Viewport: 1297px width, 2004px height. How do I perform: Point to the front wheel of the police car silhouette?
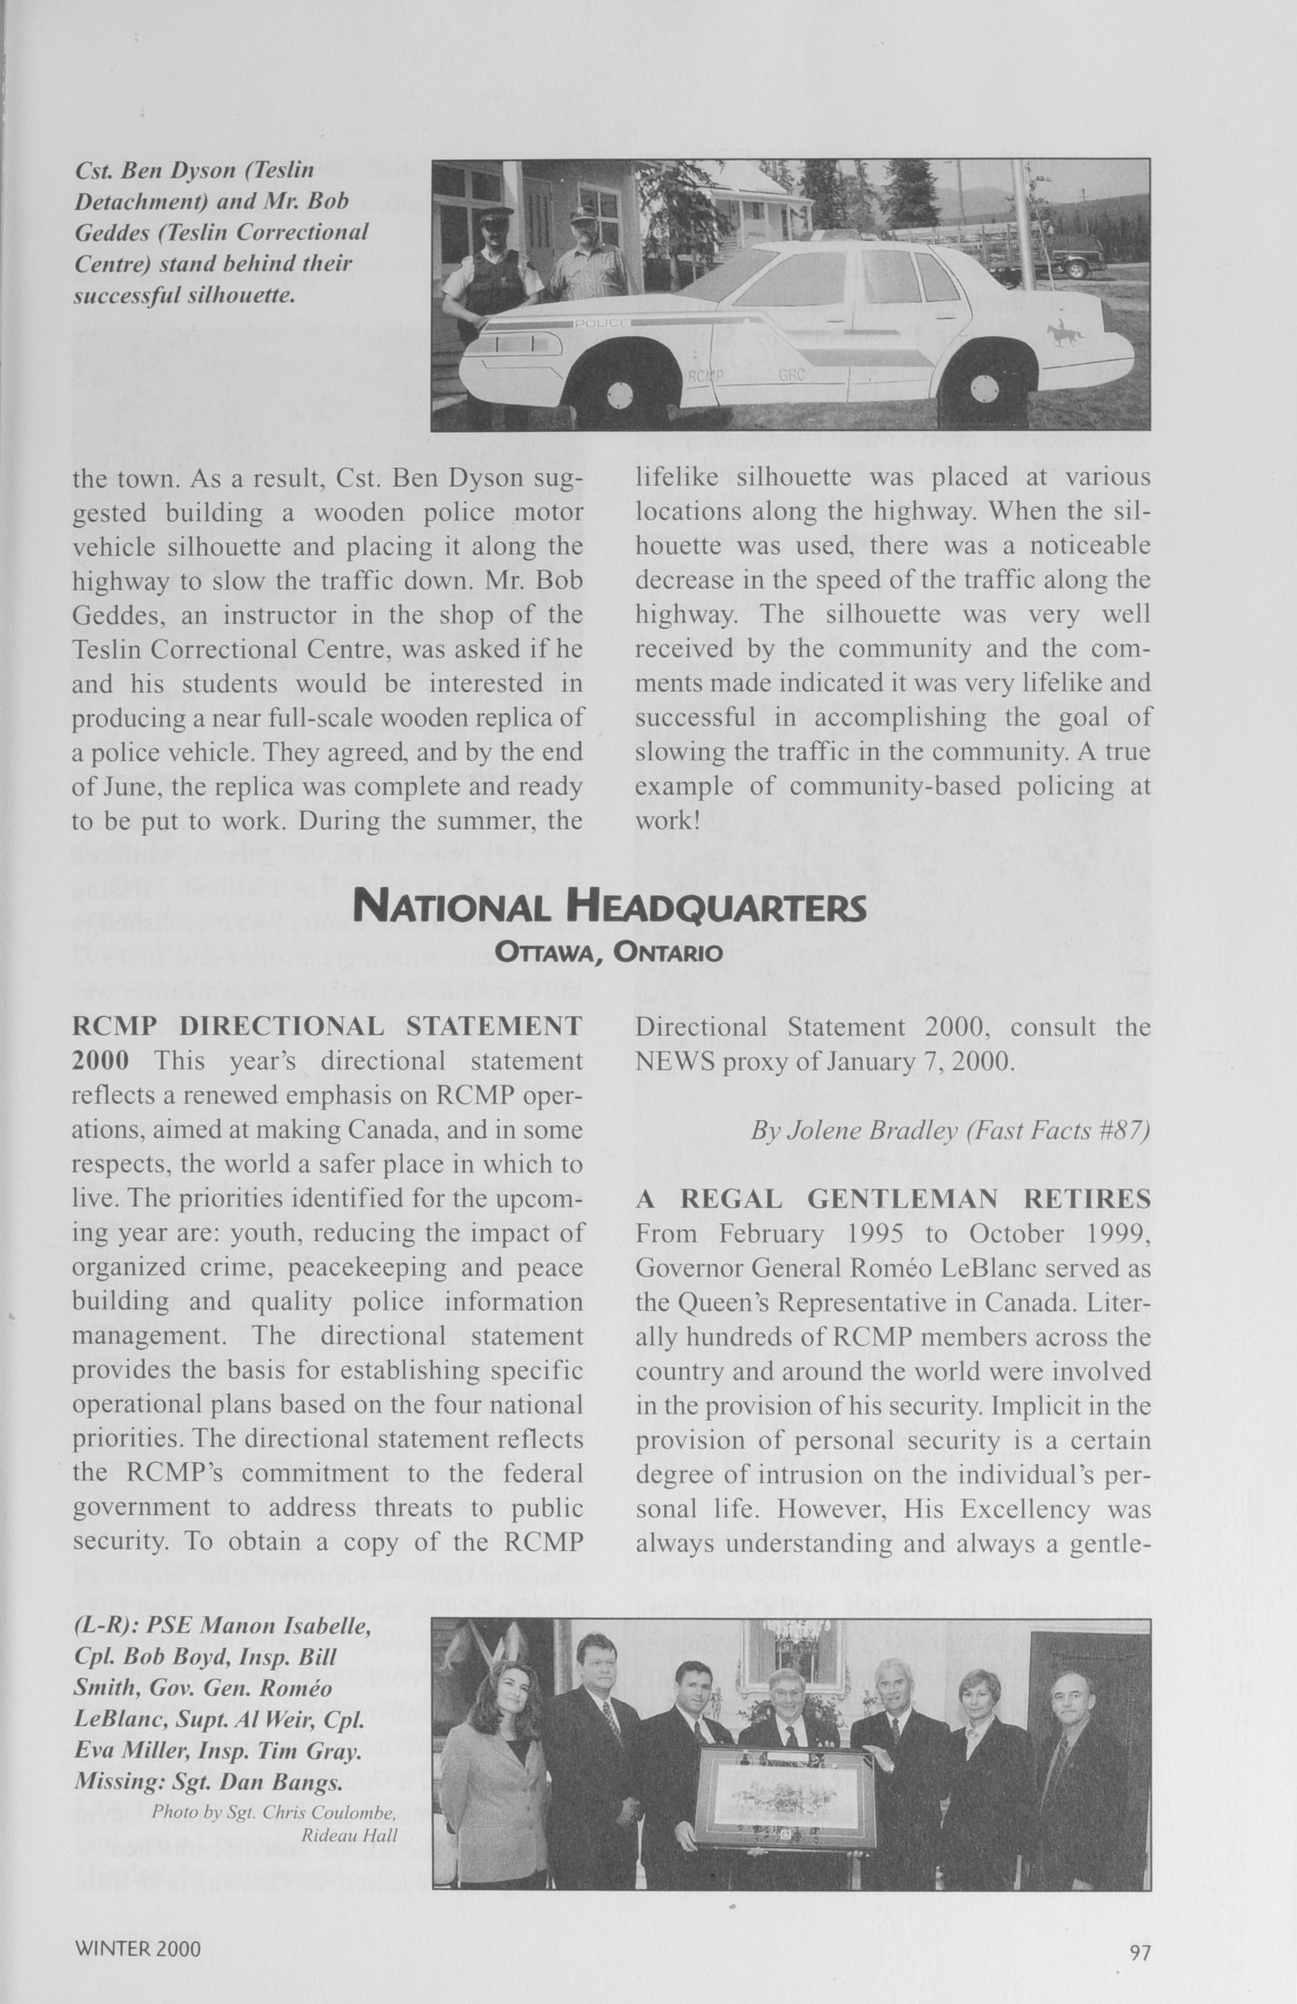[620, 391]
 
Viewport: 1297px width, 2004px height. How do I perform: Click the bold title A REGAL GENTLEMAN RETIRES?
[892, 1199]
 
